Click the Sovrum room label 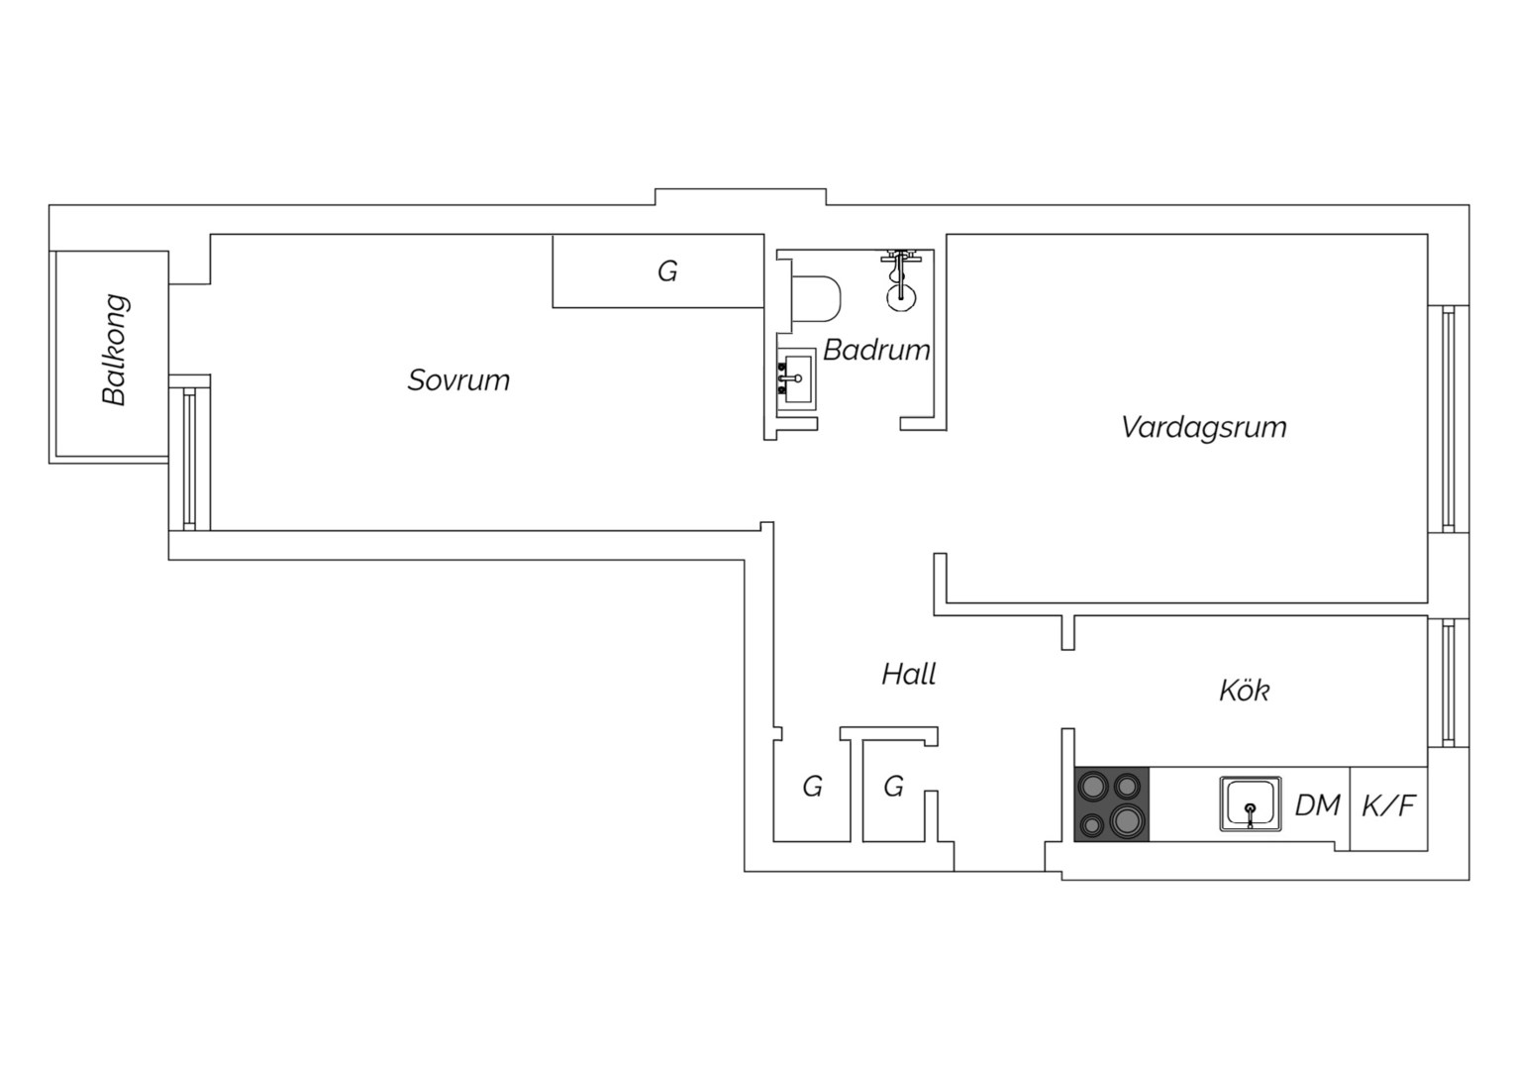[x=458, y=380]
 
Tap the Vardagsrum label [x=1204, y=427]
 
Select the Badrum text [x=876, y=350]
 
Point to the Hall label [x=908, y=674]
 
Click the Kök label [x=1245, y=691]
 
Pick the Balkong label [x=115, y=350]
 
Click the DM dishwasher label [x=1317, y=805]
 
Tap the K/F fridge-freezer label [x=1388, y=805]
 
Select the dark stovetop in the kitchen [x=1111, y=803]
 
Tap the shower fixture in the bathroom [x=900, y=280]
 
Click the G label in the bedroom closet [x=667, y=271]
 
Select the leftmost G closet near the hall [x=813, y=786]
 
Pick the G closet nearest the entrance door [x=893, y=786]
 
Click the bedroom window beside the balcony [x=189, y=459]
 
